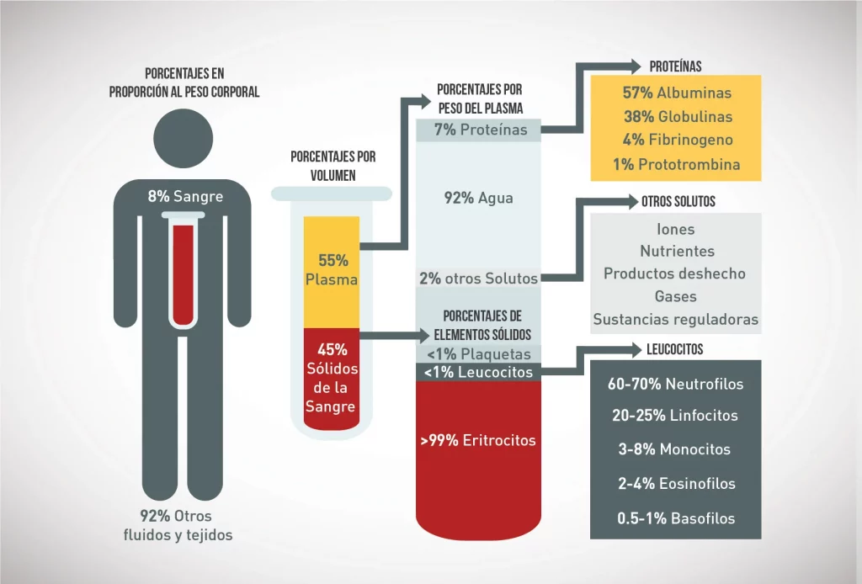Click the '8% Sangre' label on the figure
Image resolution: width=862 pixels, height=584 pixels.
[x=185, y=197]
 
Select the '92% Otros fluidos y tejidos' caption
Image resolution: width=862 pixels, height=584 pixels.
[x=176, y=525]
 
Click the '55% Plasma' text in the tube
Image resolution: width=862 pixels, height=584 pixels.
[x=332, y=269]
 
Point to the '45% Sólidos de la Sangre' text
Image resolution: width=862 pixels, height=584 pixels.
[x=331, y=379]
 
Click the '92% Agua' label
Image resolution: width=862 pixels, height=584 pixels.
[x=478, y=199]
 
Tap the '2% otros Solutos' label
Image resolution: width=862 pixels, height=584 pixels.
[x=479, y=278]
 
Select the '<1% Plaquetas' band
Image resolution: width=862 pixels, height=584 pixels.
[x=479, y=354]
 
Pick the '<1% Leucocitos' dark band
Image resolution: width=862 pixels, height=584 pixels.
[x=479, y=371]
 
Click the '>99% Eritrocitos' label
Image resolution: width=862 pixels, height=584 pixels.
[x=478, y=439]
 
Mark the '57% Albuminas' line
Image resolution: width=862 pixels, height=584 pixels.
[x=677, y=93]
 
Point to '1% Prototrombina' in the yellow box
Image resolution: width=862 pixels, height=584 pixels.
[x=677, y=164]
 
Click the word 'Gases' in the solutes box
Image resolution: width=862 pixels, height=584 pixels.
[x=676, y=296]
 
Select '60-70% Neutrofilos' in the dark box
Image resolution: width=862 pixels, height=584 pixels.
[x=676, y=384]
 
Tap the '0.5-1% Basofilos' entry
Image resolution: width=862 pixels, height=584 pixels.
[x=676, y=518]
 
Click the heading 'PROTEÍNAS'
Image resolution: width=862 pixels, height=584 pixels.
[x=675, y=66]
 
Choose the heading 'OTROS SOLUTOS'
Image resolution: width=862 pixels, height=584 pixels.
[x=678, y=202]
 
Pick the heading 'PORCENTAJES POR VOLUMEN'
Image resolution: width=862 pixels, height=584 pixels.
[x=333, y=166]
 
